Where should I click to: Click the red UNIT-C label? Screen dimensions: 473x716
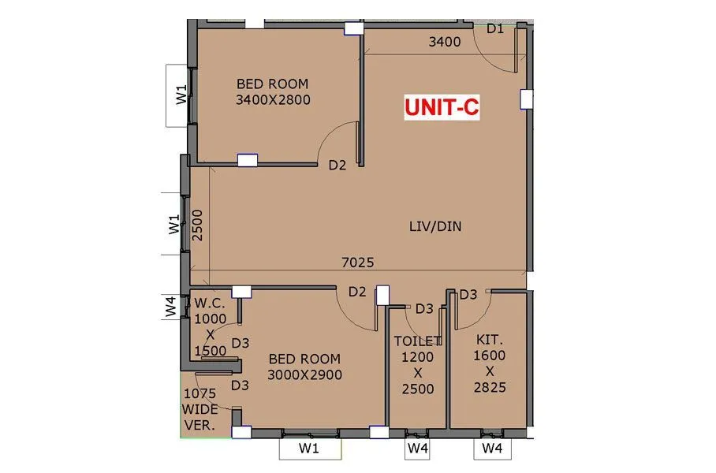click(x=442, y=107)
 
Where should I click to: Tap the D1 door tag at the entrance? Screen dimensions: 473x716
click(x=494, y=29)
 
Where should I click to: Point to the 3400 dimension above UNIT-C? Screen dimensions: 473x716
click(x=444, y=43)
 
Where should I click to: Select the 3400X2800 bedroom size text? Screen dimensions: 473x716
click(x=273, y=100)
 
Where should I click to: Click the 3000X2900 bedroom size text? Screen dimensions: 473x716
click(x=304, y=374)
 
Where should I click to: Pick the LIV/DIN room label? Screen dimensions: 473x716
click(x=435, y=226)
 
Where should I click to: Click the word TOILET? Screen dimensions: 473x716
click(x=418, y=341)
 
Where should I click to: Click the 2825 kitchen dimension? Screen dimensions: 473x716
click(x=490, y=387)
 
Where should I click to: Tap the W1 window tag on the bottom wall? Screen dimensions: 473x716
click(x=309, y=449)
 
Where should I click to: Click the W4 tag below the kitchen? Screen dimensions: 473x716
click(x=492, y=449)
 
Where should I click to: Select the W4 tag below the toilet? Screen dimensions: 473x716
click(x=418, y=449)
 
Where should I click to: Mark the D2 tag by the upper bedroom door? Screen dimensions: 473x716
click(x=337, y=165)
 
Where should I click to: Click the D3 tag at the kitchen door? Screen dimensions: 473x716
click(x=468, y=295)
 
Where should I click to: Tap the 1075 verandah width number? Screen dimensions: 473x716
click(x=200, y=393)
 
